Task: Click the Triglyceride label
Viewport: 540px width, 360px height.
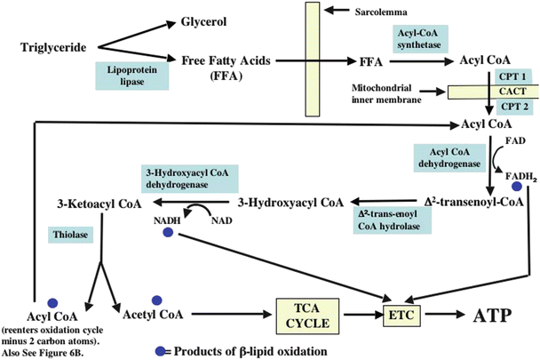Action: tap(55, 45)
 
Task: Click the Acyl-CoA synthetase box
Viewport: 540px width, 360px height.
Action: tap(417, 37)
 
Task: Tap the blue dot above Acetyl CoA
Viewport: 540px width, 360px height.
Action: tap(158, 300)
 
